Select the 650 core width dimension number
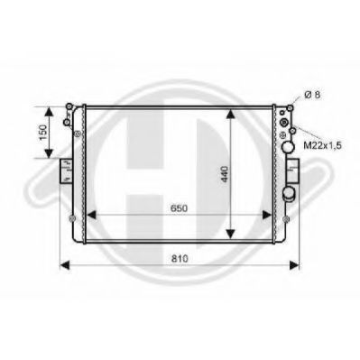coord(179,208)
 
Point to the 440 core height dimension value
coord(225,174)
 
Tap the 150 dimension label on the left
coord(44,133)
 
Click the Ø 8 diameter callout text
coord(312,95)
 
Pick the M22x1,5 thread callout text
coord(322,145)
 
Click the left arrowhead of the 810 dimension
coord(65,265)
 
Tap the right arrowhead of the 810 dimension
coord(294,265)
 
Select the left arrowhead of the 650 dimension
coord(91,215)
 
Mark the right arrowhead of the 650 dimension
coord(267,215)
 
